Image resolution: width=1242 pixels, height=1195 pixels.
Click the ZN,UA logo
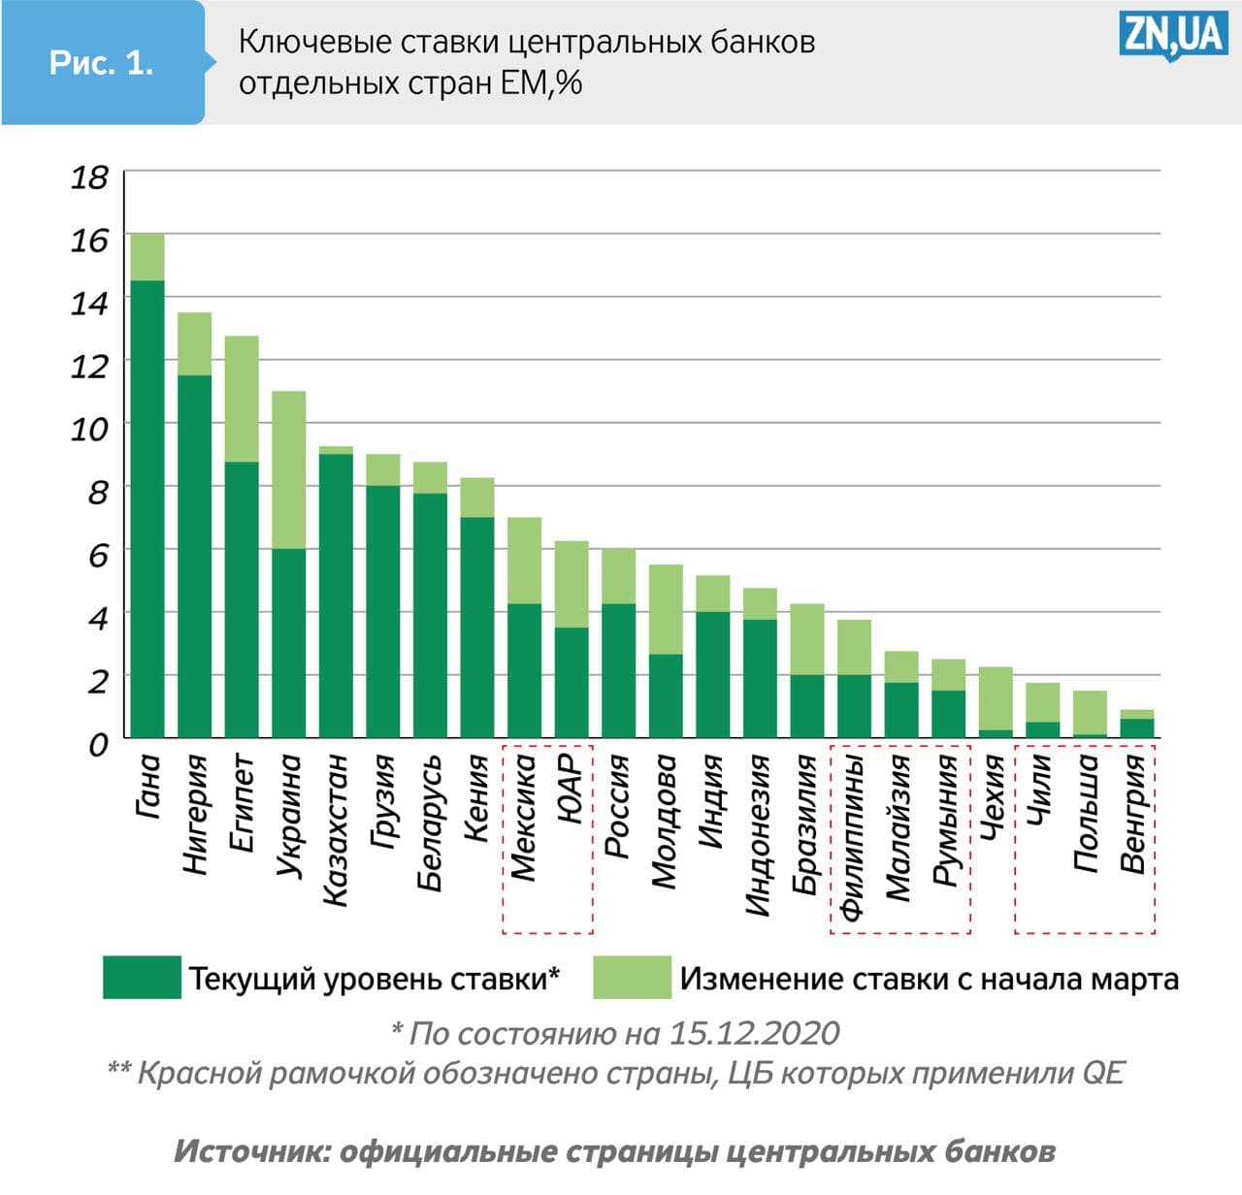[1173, 36]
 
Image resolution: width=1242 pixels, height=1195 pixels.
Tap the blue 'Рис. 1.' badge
[102, 63]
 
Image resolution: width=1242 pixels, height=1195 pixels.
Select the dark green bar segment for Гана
[147, 509]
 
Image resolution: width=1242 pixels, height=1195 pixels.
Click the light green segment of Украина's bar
[289, 469]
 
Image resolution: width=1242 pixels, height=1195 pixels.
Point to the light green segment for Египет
[242, 399]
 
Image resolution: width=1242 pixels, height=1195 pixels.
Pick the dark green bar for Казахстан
[336, 596]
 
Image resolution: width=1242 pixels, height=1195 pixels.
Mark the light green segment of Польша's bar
[1090, 712]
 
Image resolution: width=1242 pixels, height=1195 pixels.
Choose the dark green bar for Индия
[713, 674]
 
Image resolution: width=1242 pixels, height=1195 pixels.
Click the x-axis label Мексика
[524, 818]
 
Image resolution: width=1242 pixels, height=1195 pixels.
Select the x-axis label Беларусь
[430, 823]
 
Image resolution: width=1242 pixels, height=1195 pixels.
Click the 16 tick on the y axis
[89, 240]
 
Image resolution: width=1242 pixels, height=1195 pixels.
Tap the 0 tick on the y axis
[98, 745]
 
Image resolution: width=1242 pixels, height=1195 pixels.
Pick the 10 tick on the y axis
[89, 429]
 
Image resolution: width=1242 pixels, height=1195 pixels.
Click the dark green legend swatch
[142, 977]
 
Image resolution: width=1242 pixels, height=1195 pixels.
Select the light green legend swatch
[632, 977]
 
